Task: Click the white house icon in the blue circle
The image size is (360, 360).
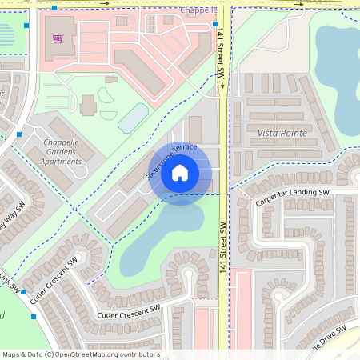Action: [x=180, y=172]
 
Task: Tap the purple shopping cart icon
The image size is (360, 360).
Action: [x=58, y=38]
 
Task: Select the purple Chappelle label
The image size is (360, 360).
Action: [x=198, y=10]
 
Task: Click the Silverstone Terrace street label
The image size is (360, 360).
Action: [x=170, y=162]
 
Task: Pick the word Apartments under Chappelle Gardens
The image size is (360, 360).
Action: [x=62, y=161]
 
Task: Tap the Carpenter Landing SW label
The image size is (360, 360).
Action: [x=293, y=198]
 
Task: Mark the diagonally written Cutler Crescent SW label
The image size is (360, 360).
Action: [x=54, y=282]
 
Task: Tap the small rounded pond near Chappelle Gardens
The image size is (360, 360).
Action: [x=133, y=118]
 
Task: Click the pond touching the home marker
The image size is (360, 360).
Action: [x=160, y=240]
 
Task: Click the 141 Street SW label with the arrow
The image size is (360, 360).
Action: [x=222, y=61]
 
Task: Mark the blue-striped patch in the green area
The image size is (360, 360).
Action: [x=6, y=34]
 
